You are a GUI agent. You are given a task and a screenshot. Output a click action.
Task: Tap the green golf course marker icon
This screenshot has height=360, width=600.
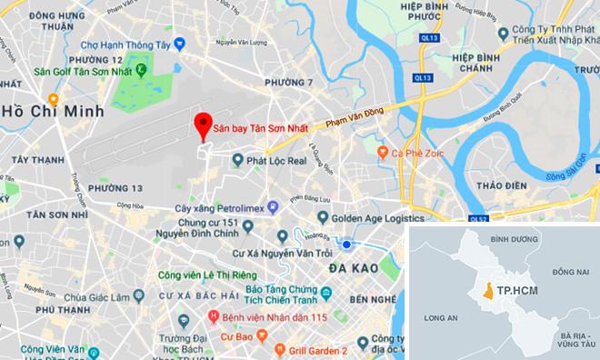pyautogui.click(x=146, y=66)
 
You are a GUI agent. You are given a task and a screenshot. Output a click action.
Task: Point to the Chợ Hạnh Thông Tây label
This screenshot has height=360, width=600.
pyautogui.click(x=126, y=43)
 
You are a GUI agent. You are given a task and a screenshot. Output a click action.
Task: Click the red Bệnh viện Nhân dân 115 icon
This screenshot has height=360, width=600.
pyautogui.click(x=214, y=317)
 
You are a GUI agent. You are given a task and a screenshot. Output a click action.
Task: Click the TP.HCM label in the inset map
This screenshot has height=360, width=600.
pyautogui.click(x=523, y=292)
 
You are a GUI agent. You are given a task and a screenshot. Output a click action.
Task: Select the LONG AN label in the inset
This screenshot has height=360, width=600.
pyautogui.click(x=443, y=317)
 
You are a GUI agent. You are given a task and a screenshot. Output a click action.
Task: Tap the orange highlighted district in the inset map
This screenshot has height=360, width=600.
pyautogui.click(x=492, y=292)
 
